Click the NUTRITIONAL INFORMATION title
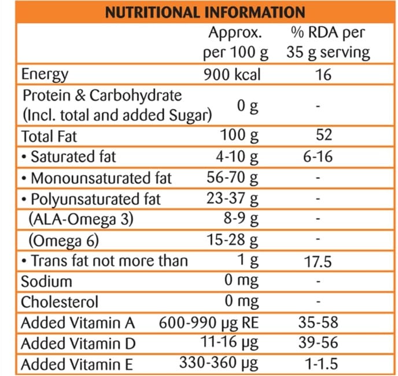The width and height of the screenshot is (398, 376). (204, 12)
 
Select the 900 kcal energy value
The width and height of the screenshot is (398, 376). (232, 75)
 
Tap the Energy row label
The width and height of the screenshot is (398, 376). (45, 75)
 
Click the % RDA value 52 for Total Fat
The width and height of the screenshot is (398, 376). (324, 136)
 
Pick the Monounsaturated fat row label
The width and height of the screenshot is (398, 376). (97, 178)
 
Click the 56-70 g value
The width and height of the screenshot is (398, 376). (233, 178)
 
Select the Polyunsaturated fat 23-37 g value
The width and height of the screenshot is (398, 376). (233, 199)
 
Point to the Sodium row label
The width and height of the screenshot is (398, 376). (46, 282)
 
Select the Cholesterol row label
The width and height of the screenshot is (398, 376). (60, 302)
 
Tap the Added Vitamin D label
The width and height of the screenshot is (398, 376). (78, 344)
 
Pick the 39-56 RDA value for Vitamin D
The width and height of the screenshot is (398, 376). (318, 344)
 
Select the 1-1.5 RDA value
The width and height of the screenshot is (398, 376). (318, 364)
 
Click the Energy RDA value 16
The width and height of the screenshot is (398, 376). (324, 75)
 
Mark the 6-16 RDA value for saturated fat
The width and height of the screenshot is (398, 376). (318, 156)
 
